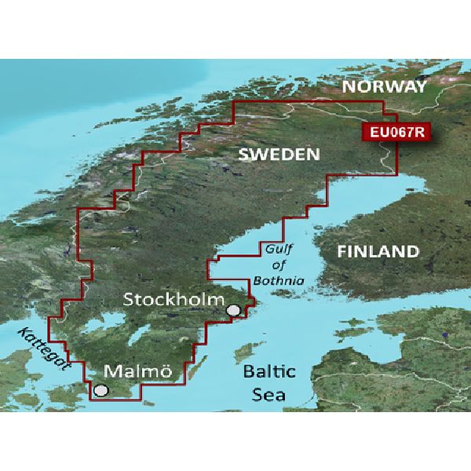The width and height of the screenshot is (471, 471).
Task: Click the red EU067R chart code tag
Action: click(x=393, y=132)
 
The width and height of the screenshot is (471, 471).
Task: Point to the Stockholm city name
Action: click(x=174, y=300)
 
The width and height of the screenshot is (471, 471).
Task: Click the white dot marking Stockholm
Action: click(x=233, y=312)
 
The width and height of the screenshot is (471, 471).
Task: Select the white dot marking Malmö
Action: click(x=100, y=389)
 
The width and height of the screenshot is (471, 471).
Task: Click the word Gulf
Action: click(x=272, y=250)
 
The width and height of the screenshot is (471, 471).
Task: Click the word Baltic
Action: click(x=268, y=370)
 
